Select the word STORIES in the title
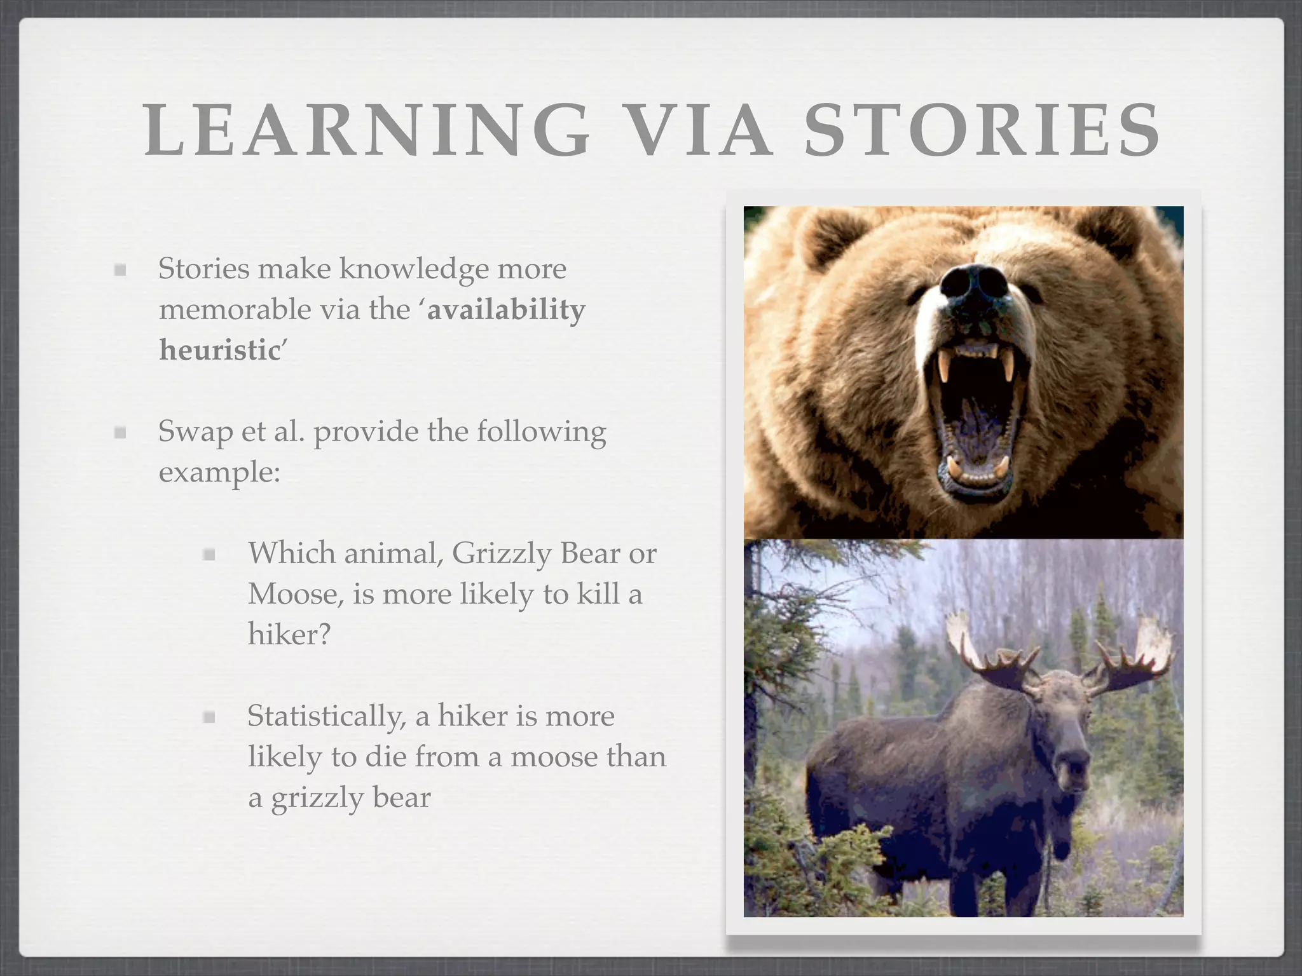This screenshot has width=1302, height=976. click(983, 130)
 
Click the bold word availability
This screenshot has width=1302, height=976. click(506, 309)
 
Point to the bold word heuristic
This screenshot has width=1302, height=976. click(219, 350)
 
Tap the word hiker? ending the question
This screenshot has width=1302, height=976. click(289, 634)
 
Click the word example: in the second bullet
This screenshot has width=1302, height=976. click(219, 472)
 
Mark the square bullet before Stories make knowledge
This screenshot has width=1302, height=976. click(120, 270)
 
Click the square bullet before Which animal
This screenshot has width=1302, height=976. click(209, 555)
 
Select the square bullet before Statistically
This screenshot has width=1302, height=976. click(209, 717)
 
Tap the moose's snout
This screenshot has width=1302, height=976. click(1070, 762)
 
